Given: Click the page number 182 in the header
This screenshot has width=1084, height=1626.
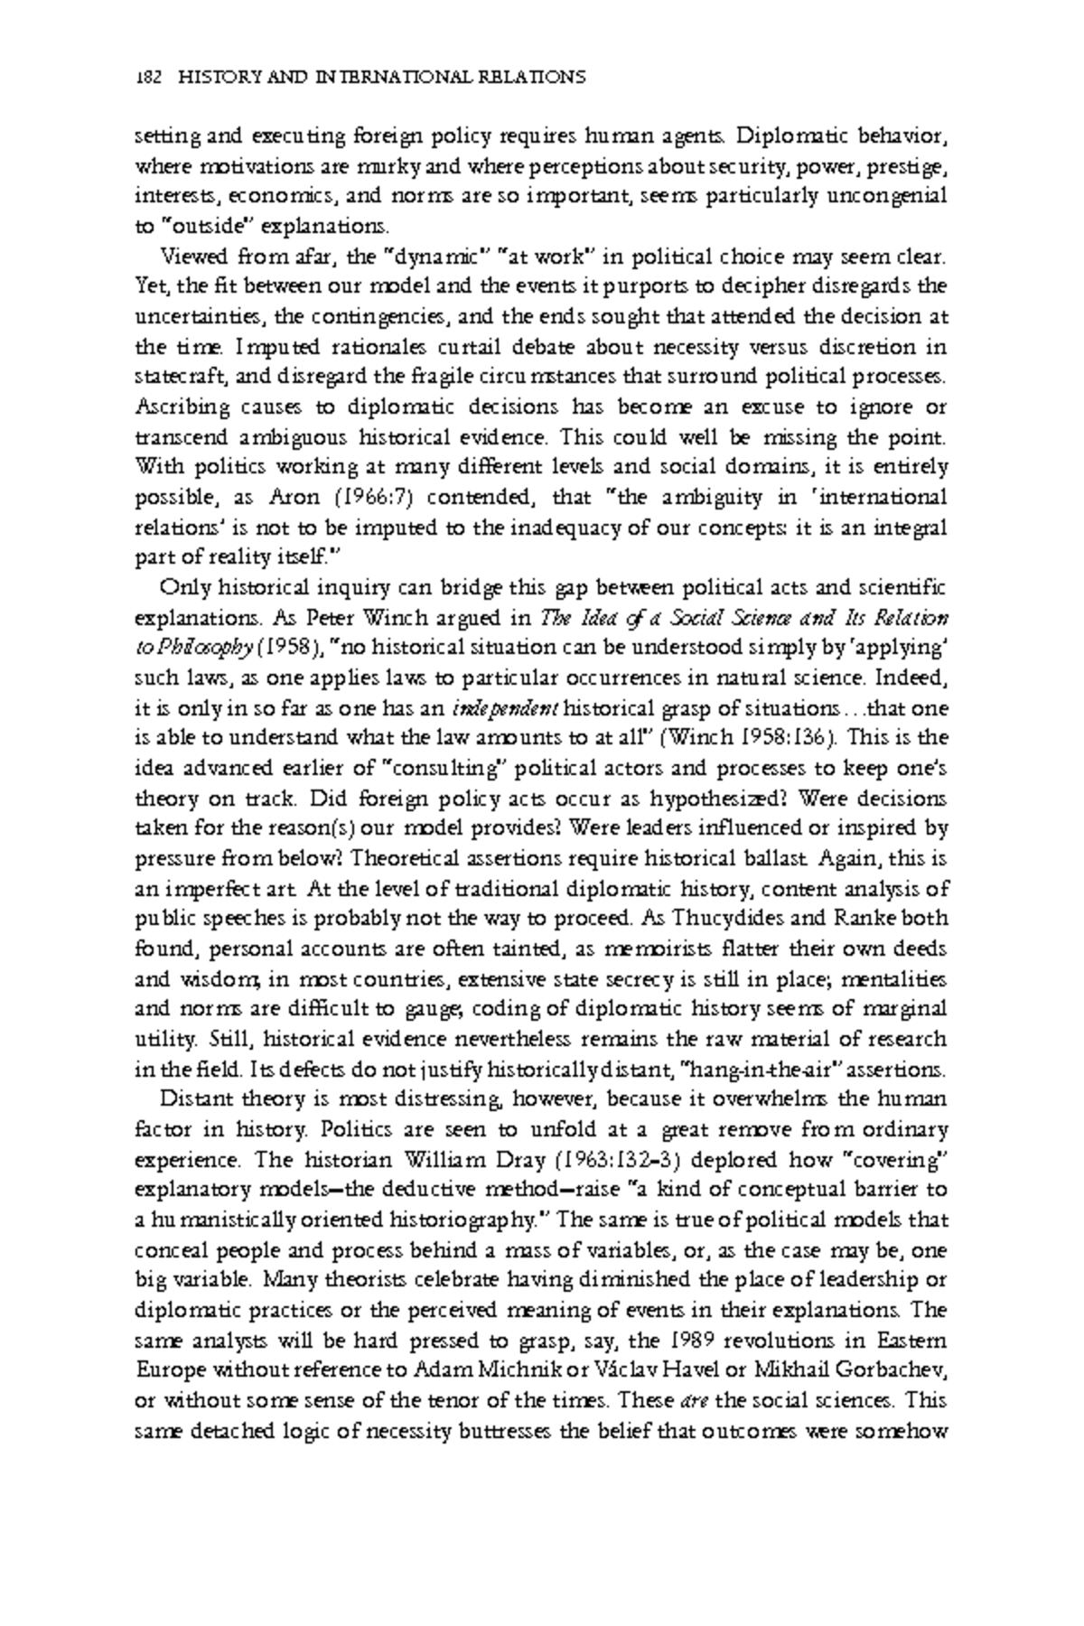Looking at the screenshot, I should coord(146,78).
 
